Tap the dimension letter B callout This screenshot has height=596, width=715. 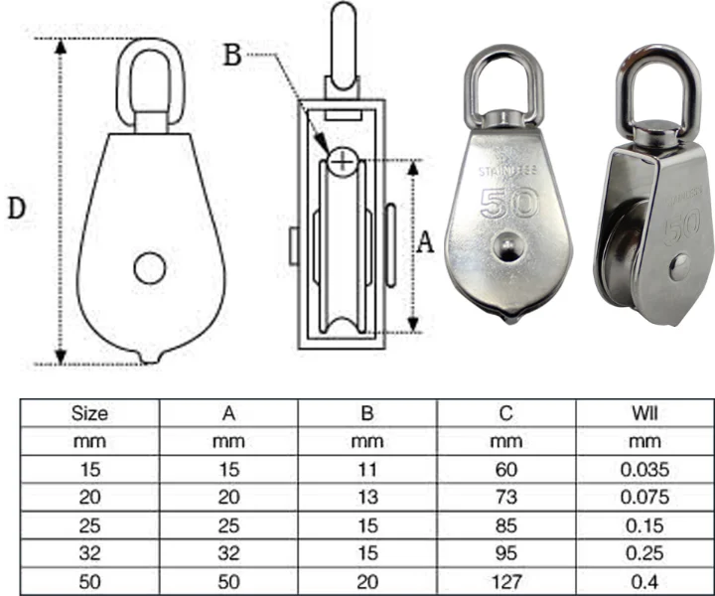click(231, 55)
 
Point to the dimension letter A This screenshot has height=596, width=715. click(424, 243)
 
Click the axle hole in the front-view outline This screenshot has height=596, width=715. click(151, 267)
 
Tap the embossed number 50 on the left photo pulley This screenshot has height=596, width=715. click(507, 204)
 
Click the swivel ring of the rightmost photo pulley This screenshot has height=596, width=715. click(650, 79)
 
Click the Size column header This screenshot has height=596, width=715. click(90, 413)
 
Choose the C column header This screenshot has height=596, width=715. click(505, 413)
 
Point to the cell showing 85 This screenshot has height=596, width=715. click(505, 521)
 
